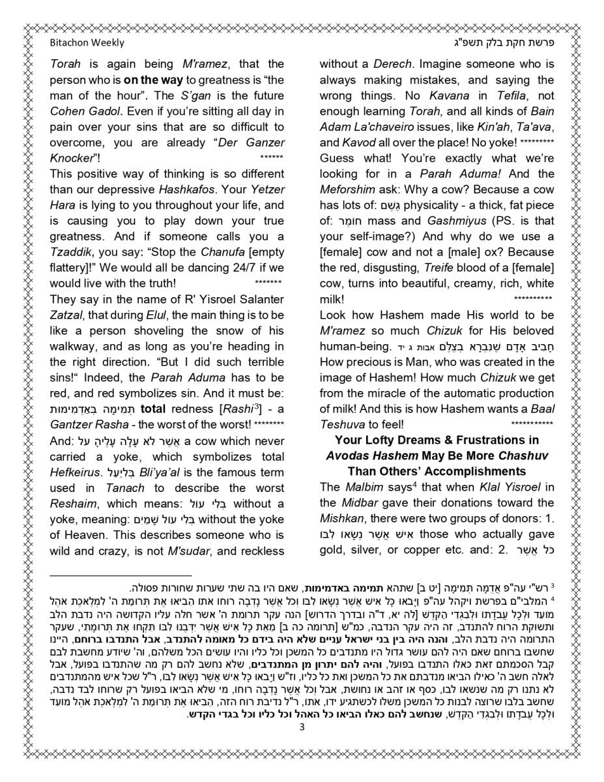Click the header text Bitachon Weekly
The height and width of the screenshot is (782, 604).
[x=87, y=43]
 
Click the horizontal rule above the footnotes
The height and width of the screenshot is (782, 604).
[x=121, y=575]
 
